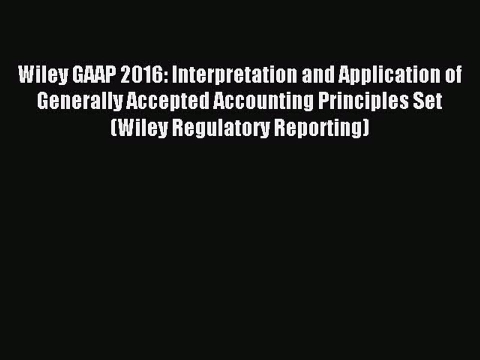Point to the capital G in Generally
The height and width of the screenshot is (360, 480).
click(x=43, y=101)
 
